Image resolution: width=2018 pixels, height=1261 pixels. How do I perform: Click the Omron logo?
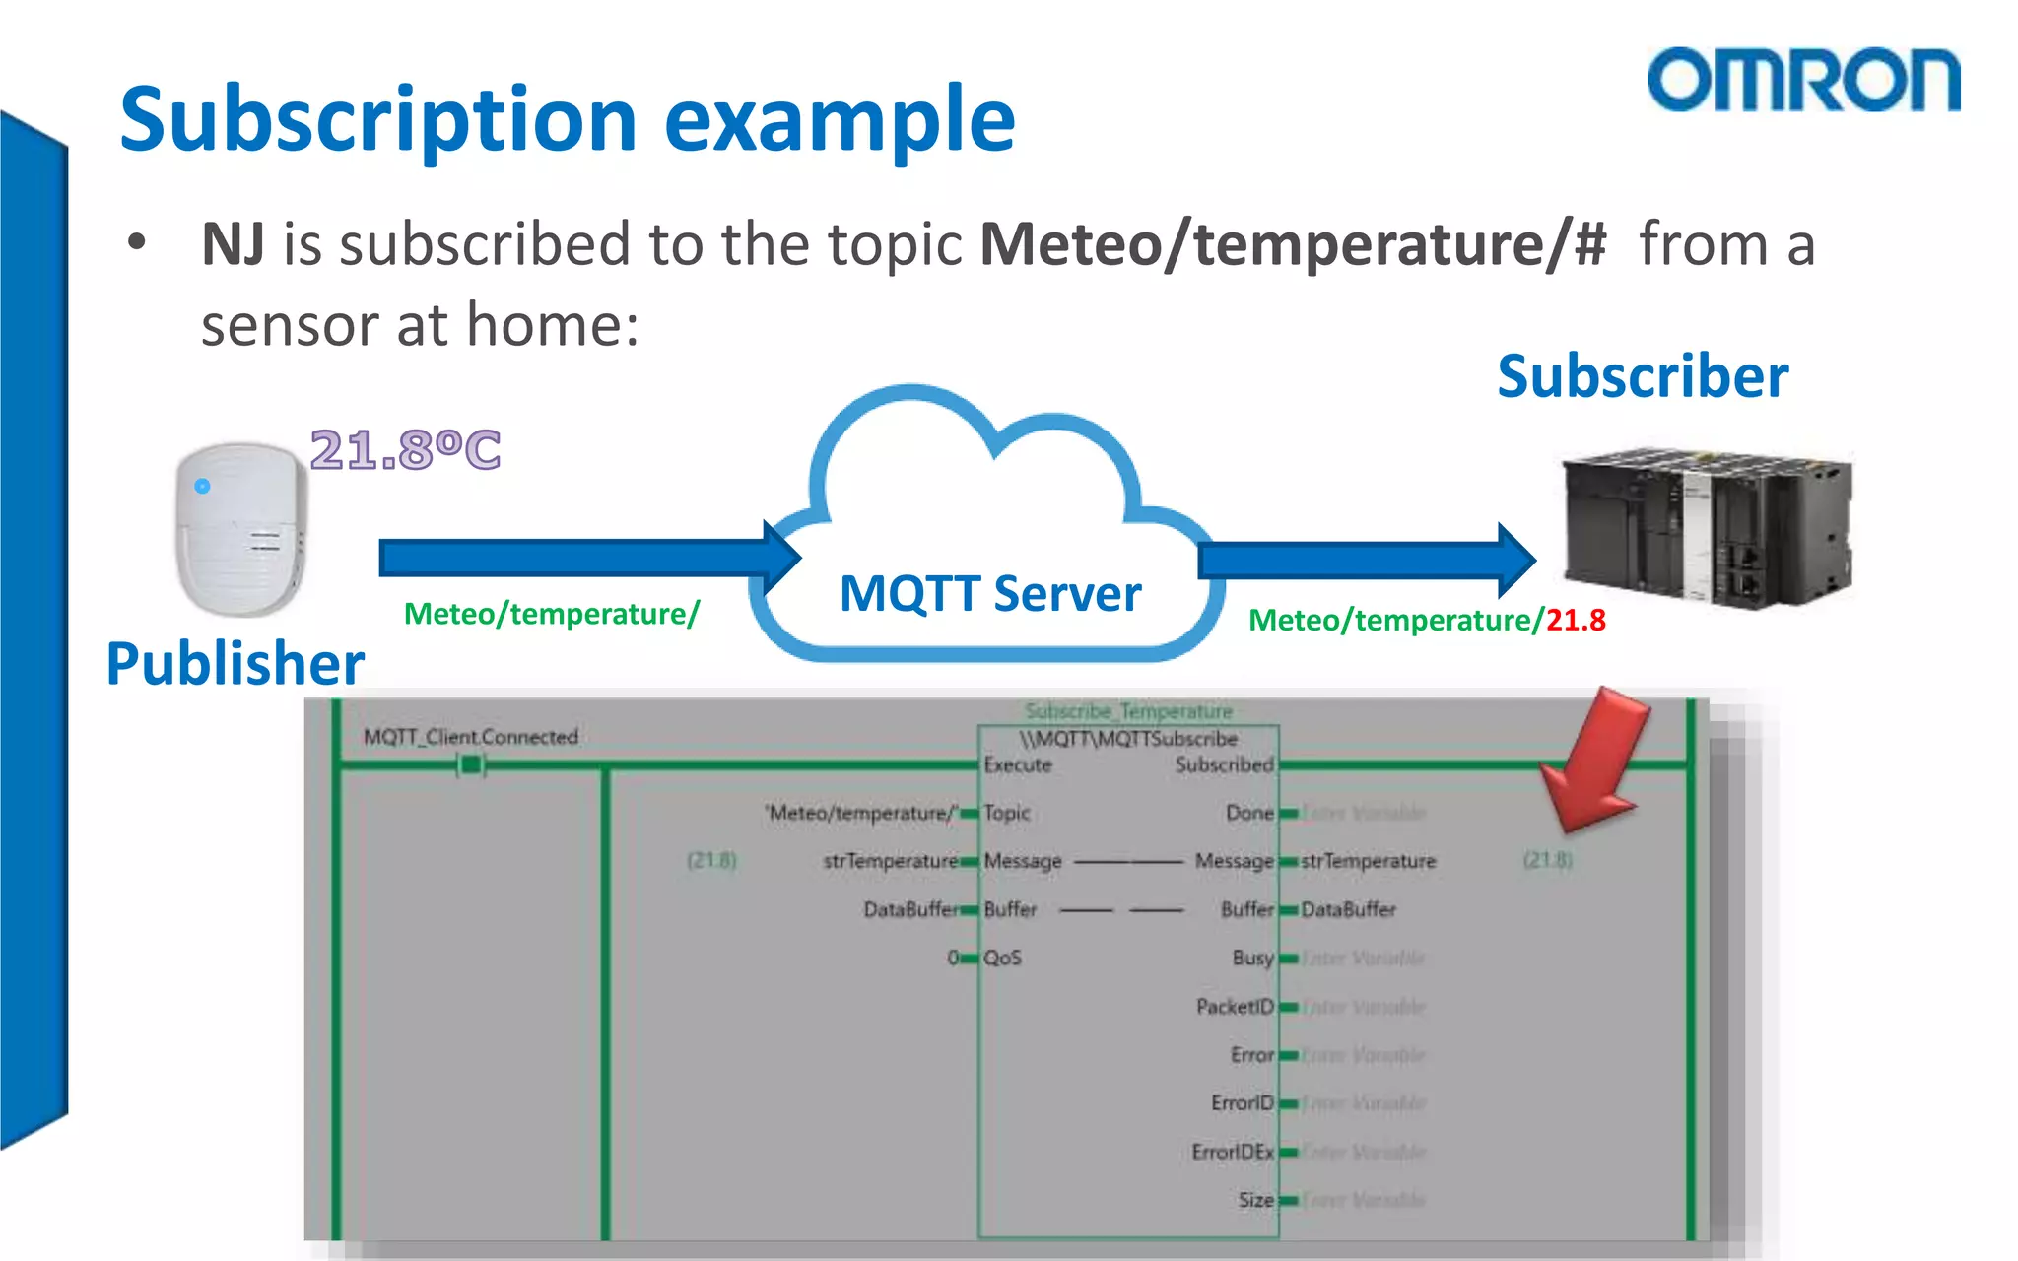click(1802, 80)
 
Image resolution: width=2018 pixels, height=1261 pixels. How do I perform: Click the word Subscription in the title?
click(378, 120)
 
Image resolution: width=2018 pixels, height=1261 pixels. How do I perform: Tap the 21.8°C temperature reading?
click(405, 450)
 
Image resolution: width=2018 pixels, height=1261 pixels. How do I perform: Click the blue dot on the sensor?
click(202, 486)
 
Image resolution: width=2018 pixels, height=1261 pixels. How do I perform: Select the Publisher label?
click(235, 663)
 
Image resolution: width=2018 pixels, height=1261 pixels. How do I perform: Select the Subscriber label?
click(1642, 376)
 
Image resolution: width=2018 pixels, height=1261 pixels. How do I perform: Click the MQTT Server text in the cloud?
click(989, 594)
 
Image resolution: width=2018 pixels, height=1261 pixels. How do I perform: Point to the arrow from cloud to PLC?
click(1365, 561)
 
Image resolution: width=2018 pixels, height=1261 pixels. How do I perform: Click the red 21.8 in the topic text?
click(1576, 621)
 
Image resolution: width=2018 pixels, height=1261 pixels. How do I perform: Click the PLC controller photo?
click(1707, 527)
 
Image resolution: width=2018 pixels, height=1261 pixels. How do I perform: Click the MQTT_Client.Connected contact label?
click(470, 737)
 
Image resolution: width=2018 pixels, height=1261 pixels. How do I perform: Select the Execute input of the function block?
click(1018, 765)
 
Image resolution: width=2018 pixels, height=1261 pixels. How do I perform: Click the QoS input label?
click(1002, 958)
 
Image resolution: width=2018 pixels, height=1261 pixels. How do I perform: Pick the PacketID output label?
click(1234, 1007)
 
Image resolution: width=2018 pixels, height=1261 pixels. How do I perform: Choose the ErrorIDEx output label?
click(1232, 1152)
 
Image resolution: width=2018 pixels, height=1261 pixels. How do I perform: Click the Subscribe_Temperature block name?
click(1128, 711)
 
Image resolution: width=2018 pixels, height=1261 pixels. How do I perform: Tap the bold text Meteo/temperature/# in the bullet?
click(1293, 244)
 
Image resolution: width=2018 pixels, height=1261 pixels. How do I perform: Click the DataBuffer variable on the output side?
click(1348, 910)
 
